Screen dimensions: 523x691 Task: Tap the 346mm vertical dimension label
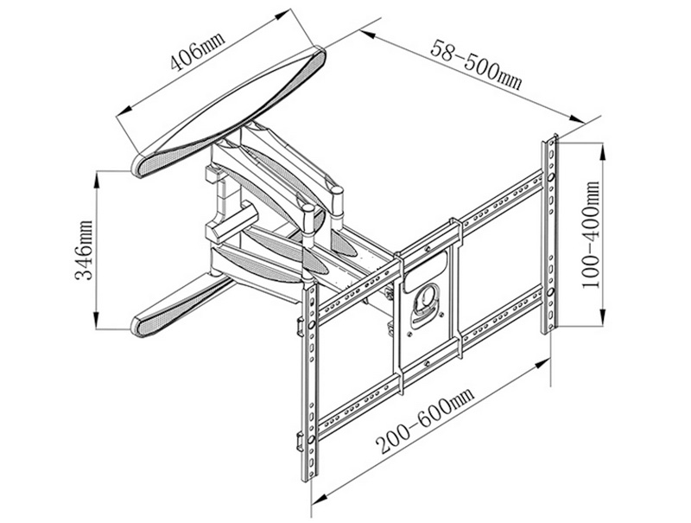coord(85,249)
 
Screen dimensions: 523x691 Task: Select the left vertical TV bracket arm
coord(309,380)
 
